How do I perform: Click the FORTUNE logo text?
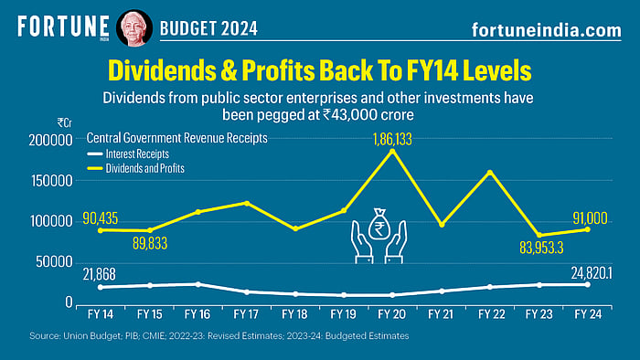(x=59, y=26)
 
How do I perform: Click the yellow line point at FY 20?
(x=393, y=152)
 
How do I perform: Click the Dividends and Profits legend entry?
(x=138, y=168)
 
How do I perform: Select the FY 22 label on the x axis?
(x=491, y=312)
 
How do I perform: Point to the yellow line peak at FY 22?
(x=491, y=172)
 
